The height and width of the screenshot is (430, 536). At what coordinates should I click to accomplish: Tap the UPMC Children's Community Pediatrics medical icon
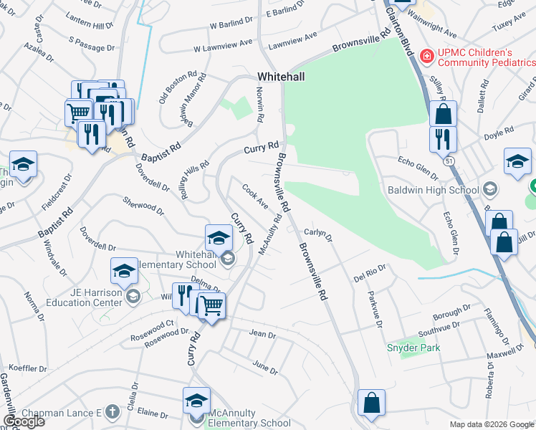pyautogui.click(x=426, y=54)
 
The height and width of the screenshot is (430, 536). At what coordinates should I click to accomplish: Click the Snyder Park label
pyautogui.click(x=413, y=348)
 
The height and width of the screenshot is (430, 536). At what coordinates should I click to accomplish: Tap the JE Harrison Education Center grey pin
pyautogui.click(x=133, y=295)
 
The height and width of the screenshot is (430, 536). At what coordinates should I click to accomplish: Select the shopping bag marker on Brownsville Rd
pyautogui.click(x=372, y=403)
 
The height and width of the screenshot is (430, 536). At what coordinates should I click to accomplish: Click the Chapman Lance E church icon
pyautogui.click(x=111, y=412)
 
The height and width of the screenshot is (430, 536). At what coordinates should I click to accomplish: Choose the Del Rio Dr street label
pyautogui.click(x=370, y=272)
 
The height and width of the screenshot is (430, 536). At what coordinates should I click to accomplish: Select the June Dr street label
pyautogui.click(x=265, y=367)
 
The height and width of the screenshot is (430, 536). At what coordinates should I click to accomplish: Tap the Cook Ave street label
pyautogui.click(x=255, y=196)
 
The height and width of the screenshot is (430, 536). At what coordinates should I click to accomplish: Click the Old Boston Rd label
pyautogui.click(x=177, y=86)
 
